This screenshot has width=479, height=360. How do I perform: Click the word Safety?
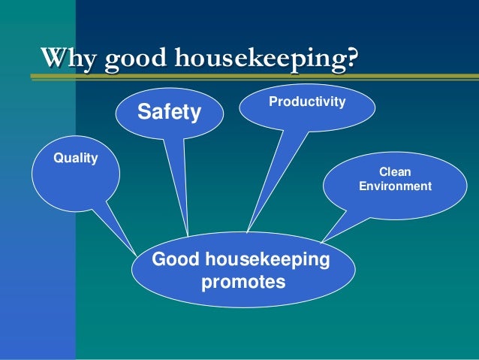tap(169, 113)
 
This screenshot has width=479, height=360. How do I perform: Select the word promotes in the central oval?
tap(244, 283)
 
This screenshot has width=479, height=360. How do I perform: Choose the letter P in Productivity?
tap(272, 100)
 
